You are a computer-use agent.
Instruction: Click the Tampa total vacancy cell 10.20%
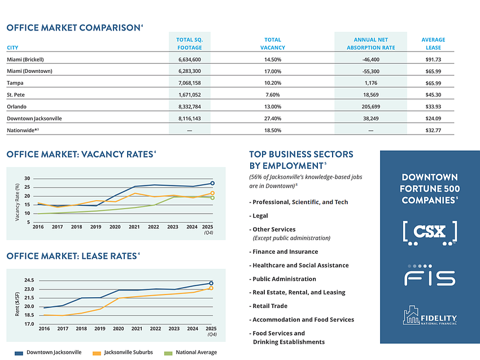(273, 83)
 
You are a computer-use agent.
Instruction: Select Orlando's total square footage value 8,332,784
(189, 106)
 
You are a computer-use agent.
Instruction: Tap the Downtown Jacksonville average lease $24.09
(433, 118)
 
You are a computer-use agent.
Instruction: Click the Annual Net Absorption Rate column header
(370, 44)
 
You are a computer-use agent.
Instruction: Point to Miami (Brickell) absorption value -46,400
(370, 59)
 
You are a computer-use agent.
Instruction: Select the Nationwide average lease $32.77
(433, 130)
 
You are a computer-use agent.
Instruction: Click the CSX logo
(430, 233)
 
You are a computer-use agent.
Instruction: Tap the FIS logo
(430, 275)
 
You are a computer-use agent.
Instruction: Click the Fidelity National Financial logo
(430, 315)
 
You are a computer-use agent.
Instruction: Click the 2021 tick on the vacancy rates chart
(134, 227)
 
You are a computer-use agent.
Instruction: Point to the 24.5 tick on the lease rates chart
(29, 280)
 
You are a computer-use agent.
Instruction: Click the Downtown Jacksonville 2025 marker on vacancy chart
(212, 183)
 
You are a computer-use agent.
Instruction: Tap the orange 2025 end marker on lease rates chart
(211, 288)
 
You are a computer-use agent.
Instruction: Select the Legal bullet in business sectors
(260, 215)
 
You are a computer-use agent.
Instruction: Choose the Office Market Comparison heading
(73, 27)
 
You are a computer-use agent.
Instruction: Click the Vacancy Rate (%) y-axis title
(18, 202)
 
